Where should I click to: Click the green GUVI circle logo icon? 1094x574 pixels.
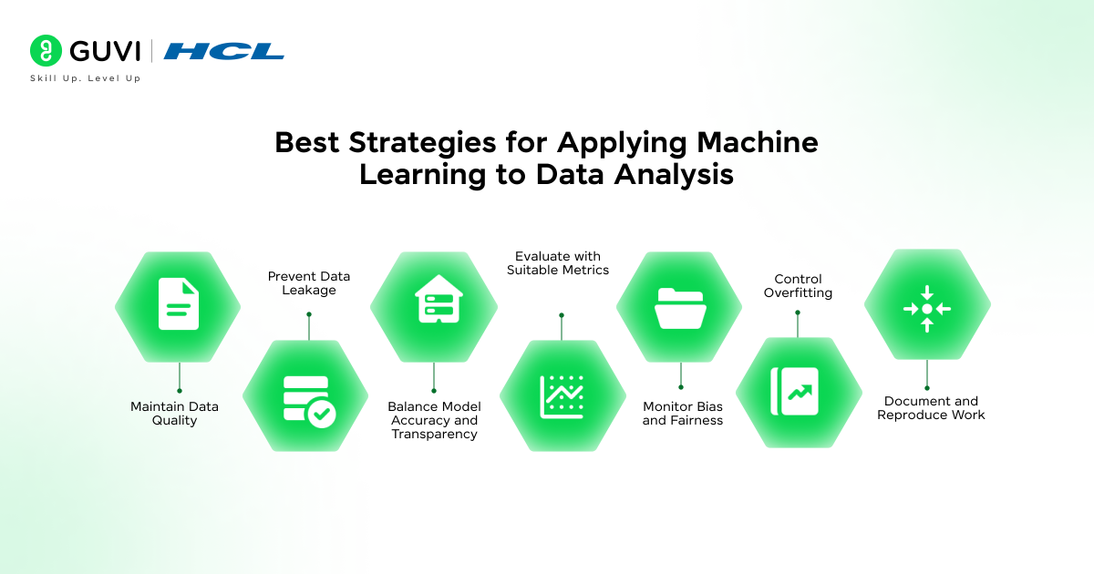46,50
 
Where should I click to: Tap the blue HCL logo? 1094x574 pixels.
224,51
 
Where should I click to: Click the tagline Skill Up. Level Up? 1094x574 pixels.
86,78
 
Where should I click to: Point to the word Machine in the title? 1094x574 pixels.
758,142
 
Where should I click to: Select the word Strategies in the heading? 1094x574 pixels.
422,144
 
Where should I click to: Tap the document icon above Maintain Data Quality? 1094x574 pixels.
179,303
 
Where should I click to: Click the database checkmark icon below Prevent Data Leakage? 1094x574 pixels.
310,402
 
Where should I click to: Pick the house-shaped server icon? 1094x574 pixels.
439,298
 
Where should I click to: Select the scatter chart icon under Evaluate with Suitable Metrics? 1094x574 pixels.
562,397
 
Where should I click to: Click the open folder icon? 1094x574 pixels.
680,308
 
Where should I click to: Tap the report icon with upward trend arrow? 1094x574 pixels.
795,392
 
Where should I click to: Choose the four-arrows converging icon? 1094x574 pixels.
927,309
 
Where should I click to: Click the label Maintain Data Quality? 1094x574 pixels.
174,414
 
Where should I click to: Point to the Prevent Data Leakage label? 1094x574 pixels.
309,283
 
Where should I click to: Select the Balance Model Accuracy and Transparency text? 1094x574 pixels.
434,420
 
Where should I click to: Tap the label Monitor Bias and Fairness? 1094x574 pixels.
683,414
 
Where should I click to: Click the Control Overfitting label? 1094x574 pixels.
798,285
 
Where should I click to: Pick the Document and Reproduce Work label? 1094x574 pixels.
931,408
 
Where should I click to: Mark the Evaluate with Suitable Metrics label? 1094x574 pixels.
558,263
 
